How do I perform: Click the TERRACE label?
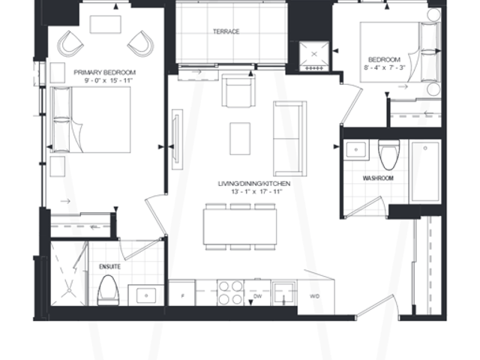coord(226,31)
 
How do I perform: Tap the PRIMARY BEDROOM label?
coord(105,73)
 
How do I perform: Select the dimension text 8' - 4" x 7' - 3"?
coord(385,67)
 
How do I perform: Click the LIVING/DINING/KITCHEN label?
coord(254,184)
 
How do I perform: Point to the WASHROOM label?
coord(378,178)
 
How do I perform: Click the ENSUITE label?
coord(110,267)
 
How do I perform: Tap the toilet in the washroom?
coord(389,154)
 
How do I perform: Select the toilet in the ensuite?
coord(108,290)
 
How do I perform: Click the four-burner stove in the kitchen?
coord(230,292)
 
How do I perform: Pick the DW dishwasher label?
coord(258,296)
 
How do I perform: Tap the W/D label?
coord(315,296)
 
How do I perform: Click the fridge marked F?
coord(181,293)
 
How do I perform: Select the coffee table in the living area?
coord(240,139)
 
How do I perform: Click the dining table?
coord(240,226)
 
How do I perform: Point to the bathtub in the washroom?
coord(425,171)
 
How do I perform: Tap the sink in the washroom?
coord(355,150)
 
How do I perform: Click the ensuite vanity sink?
coord(146,295)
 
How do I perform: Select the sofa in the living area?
coord(290,139)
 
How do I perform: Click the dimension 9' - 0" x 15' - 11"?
coord(108,81)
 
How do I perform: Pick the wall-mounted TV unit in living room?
coord(177,139)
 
